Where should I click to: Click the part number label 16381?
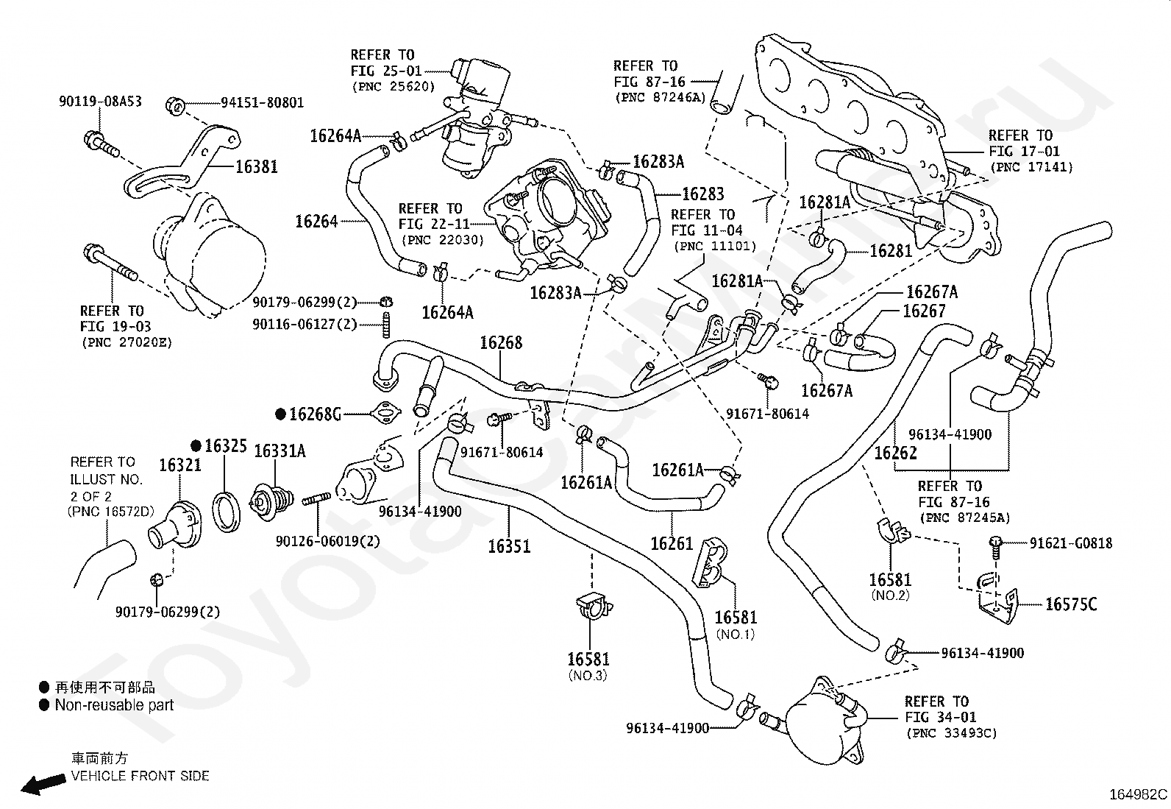point(256,167)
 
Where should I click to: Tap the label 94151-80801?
point(262,102)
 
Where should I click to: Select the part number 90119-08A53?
point(100,102)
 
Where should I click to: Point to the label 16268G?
point(316,414)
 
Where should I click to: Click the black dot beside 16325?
point(196,446)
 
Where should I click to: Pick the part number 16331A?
point(280,451)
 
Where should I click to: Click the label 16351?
point(509,546)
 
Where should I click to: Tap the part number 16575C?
point(1071,605)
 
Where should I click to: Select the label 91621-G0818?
point(1071,543)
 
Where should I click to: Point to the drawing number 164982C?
point(1138,794)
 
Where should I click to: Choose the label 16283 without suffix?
point(703,194)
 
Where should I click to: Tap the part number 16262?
point(895,453)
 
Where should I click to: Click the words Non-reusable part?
point(114,705)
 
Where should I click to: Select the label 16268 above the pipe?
point(501,343)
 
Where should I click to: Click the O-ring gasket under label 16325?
point(227,512)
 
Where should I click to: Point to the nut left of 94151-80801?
point(174,106)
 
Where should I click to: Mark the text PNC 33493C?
point(952,733)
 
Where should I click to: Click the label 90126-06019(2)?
point(328,541)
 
